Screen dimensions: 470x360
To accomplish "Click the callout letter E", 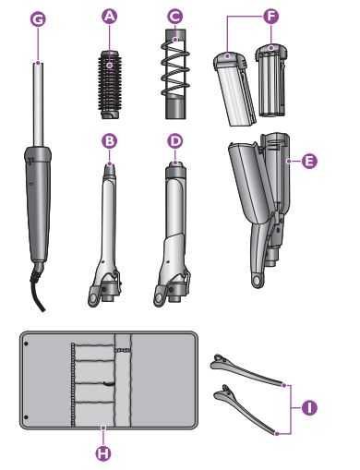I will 309,160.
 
